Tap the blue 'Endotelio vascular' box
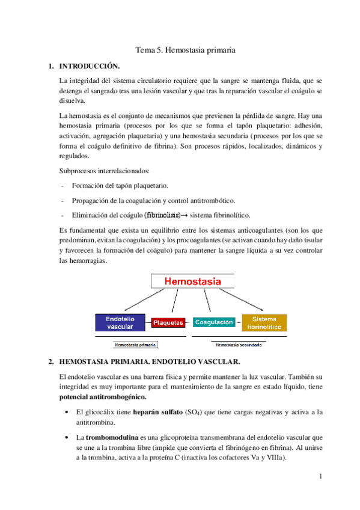click(x=120, y=322)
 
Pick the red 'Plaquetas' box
click(x=168, y=323)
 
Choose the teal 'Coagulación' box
click(x=214, y=322)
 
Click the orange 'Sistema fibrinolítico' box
click(x=264, y=323)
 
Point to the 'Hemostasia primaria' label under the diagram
click(x=136, y=345)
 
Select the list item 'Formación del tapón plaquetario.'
click(x=120, y=186)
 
